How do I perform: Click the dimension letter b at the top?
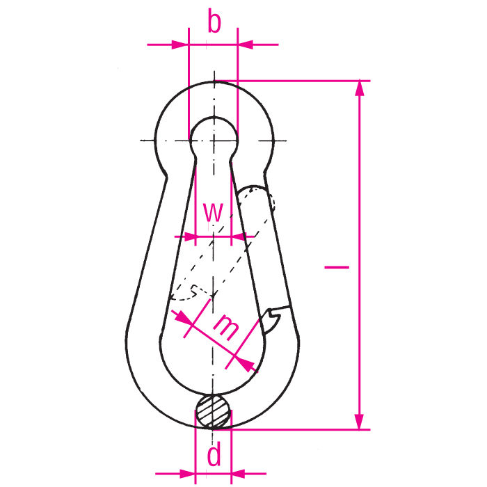[214, 22]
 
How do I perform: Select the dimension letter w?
[214, 211]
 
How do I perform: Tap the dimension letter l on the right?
[337, 266]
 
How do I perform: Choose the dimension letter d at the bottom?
[214, 456]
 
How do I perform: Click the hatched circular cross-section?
[213, 411]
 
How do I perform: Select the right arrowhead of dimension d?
[240, 473]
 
